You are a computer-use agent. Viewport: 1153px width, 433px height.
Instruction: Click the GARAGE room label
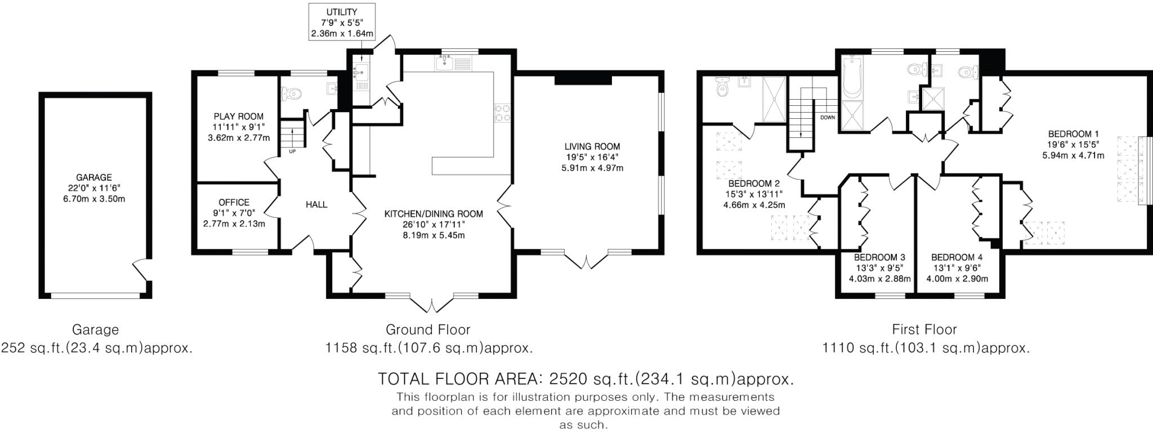click(x=94, y=177)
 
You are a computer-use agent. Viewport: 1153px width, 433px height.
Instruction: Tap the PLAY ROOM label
click(x=238, y=117)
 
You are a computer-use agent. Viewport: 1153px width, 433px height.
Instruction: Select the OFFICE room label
click(x=234, y=203)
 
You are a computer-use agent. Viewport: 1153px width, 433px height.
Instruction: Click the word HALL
click(x=316, y=204)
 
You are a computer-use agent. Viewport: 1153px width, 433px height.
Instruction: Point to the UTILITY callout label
click(x=342, y=12)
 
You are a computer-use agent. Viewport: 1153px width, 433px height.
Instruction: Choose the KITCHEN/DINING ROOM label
click(x=434, y=214)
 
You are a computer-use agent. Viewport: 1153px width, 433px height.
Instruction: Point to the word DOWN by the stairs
click(x=828, y=118)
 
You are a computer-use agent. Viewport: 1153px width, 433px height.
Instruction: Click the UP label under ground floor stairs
click(x=292, y=151)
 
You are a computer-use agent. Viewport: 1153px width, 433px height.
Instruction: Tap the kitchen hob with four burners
click(x=502, y=113)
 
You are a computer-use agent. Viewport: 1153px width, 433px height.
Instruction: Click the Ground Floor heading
click(x=428, y=329)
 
